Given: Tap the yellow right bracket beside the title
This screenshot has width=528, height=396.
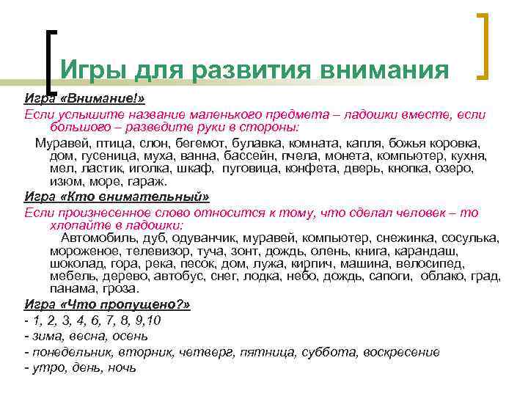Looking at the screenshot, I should coord(485,45).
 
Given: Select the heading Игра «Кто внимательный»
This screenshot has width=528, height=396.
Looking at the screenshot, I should coord(117,197).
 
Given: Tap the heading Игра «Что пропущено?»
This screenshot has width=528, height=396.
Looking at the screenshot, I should coord(106,304).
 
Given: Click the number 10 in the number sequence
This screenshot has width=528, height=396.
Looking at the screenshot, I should coord(154,320).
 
